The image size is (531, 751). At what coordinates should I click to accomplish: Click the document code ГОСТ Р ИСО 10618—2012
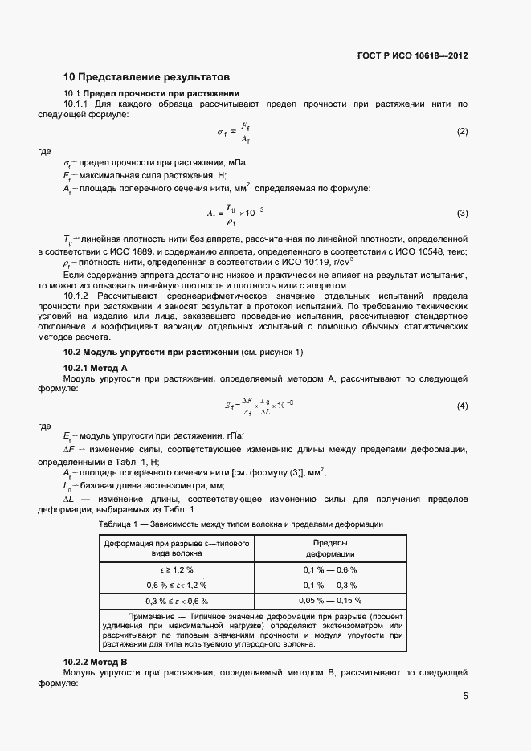coord(412,56)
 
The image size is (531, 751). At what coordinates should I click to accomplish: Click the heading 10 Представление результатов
coord(147,77)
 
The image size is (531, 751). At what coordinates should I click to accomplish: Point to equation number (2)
coord(462,131)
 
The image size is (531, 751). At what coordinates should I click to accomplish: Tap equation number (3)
coord(462,213)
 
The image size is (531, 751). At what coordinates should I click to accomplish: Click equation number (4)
coord(462,406)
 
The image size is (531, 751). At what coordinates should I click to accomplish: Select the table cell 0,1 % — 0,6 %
coord(329,569)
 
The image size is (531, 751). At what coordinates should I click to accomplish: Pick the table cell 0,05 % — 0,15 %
coord(329,601)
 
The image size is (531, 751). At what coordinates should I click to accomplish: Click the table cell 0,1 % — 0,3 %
coord(329,585)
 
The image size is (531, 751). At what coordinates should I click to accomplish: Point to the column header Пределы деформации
coord(329,549)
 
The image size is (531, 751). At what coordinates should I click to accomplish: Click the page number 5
coord(465,696)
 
